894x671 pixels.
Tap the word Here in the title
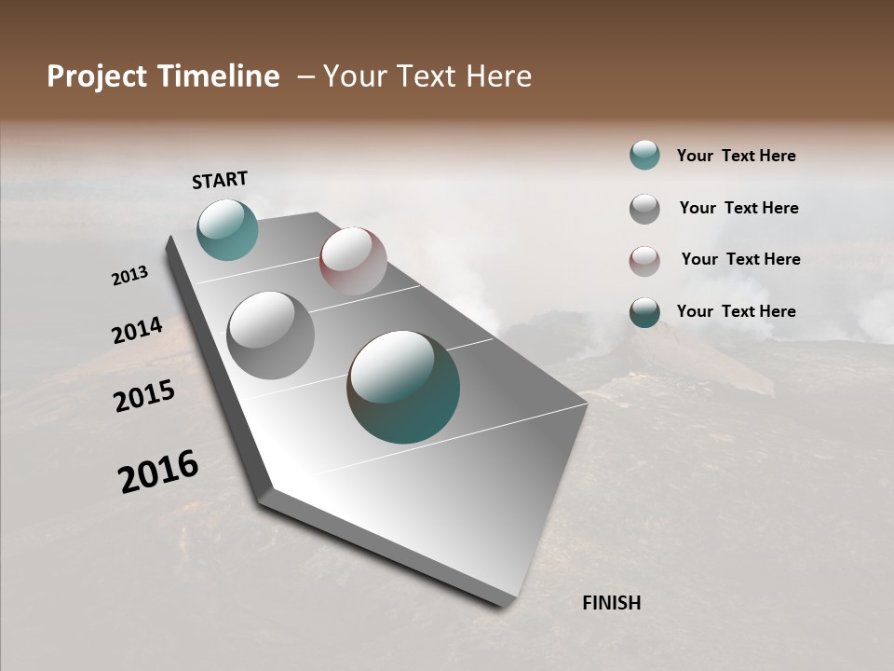point(497,76)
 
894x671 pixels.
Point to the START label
point(220,180)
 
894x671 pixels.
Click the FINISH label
point(611,603)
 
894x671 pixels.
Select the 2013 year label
point(129,276)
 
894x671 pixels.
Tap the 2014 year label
point(137,330)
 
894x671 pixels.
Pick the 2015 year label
point(143,396)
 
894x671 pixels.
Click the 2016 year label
point(157,472)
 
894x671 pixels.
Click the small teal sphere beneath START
point(227,229)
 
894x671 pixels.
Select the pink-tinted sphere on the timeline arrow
point(353,261)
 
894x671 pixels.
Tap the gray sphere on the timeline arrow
point(270,335)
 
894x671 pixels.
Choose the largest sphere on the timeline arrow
point(403,386)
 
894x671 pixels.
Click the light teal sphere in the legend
point(644,155)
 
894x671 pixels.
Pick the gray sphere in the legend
point(644,209)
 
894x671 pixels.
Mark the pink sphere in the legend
point(644,261)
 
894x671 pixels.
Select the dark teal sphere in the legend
point(644,312)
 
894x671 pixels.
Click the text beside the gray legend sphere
point(738,208)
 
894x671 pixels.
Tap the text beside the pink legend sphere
point(740,259)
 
